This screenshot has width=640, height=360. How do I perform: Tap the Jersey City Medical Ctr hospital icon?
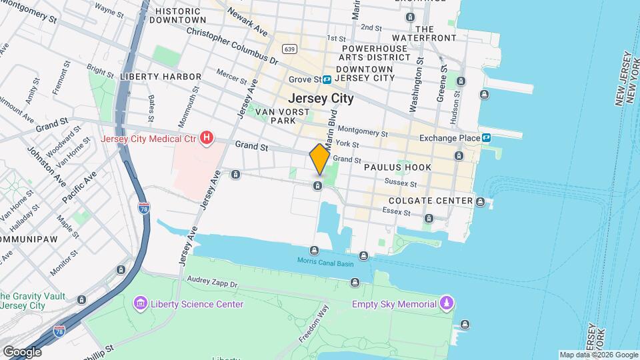click(207, 139)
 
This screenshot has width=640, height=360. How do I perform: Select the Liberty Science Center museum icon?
click(140, 304)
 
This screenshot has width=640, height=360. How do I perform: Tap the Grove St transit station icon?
click(327, 79)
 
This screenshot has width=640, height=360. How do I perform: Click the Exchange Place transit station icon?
click(487, 138)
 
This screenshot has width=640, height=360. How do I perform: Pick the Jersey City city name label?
click(321, 98)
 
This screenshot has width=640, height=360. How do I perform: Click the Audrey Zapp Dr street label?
click(211, 283)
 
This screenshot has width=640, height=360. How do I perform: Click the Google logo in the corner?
click(22, 351)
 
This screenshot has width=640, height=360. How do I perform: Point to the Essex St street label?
click(395, 211)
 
